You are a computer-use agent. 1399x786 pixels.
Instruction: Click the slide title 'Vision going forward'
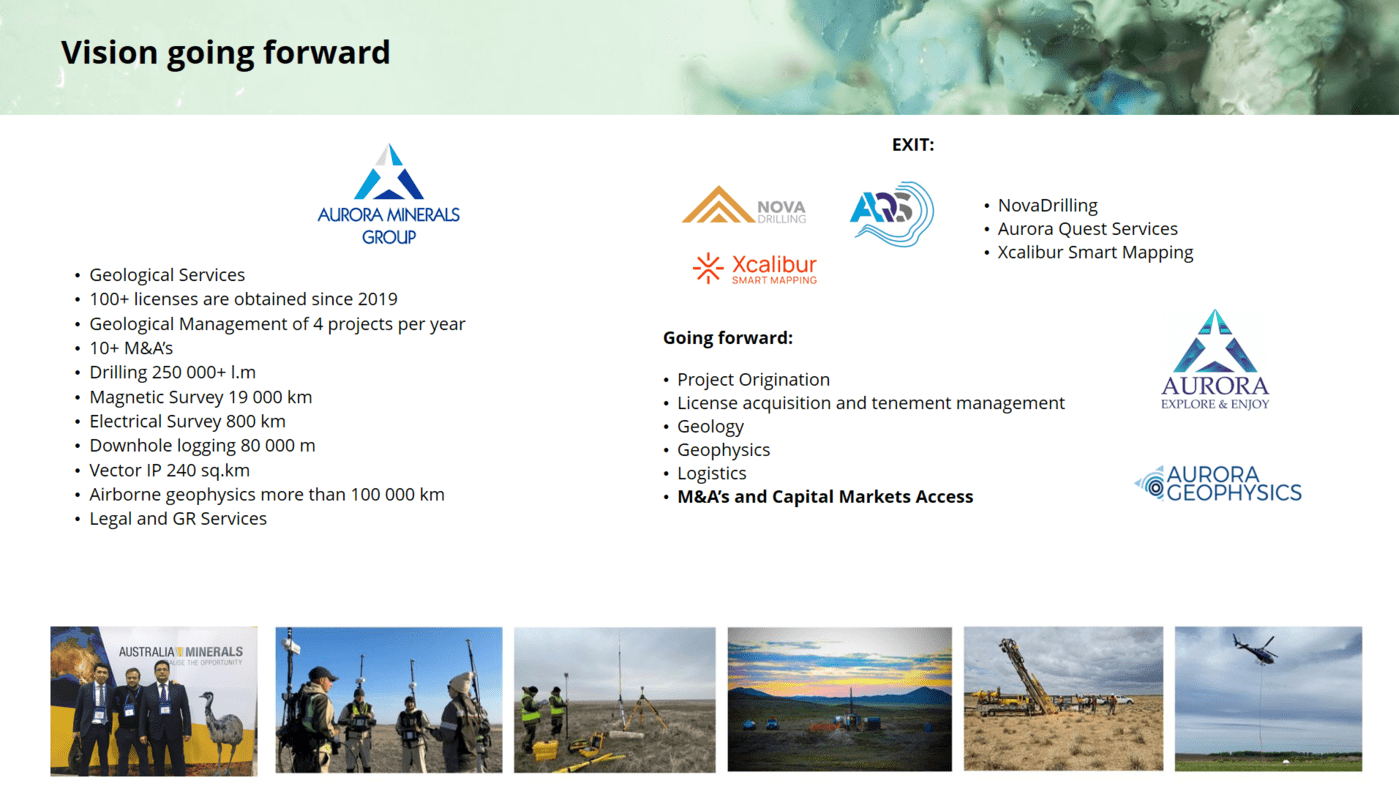point(225,53)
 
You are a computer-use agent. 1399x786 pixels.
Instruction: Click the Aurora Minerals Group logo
point(388,194)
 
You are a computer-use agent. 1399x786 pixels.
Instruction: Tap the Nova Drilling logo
point(744,205)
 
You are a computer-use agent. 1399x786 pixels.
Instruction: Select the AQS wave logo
point(892,214)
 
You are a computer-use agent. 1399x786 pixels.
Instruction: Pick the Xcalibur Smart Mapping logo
point(754,269)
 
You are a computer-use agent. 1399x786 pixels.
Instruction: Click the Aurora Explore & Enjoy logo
point(1215,359)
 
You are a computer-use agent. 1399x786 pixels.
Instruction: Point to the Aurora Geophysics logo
point(1218,484)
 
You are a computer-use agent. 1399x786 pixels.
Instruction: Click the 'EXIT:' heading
point(912,145)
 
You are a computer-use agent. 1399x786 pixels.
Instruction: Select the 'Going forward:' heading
point(728,338)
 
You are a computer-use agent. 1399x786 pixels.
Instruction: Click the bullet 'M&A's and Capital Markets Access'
point(825,497)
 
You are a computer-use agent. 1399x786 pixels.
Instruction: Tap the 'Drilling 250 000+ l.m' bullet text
point(172,372)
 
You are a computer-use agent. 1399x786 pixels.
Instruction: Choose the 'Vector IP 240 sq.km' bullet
point(169,470)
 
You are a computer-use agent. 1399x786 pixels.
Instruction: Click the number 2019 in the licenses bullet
point(377,299)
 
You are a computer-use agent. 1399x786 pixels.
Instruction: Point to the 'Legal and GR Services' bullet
point(178,519)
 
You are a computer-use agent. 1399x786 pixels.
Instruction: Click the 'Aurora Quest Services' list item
point(1087,229)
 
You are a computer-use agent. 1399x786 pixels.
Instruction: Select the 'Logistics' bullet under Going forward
point(711,474)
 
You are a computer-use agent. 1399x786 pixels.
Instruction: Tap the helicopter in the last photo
point(1254,647)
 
